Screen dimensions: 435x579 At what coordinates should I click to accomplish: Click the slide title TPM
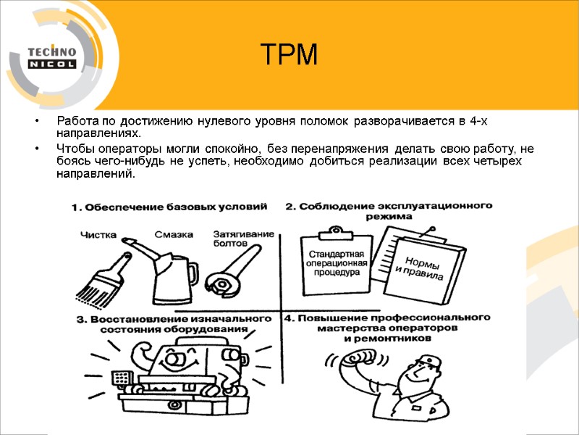pyautogui.click(x=289, y=54)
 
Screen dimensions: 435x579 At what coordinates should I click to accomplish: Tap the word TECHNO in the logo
pyautogui.click(x=51, y=51)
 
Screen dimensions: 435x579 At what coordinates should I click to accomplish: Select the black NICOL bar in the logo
pyautogui.click(x=51, y=64)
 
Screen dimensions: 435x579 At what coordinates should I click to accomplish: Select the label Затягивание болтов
pyautogui.click(x=242, y=239)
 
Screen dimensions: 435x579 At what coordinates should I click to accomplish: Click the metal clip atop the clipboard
pyautogui.click(x=334, y=231)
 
